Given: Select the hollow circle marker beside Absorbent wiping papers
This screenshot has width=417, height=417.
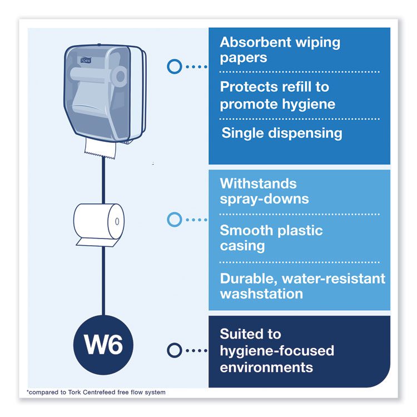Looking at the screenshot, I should point(174,67).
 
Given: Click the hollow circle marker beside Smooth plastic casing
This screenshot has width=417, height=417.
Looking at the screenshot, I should point(174,220).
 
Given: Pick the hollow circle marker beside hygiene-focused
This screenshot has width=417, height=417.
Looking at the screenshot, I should point(174,350).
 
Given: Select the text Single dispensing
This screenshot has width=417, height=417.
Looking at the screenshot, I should point(282,133).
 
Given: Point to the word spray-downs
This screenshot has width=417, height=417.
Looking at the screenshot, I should point(264,198).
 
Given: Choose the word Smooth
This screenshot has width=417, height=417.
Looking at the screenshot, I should point(246,230).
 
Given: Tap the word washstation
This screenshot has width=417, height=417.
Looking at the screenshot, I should point(261,294).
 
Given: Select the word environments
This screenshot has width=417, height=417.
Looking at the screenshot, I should point(266,367).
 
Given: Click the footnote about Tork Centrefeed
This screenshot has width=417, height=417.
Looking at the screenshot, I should point(96,393).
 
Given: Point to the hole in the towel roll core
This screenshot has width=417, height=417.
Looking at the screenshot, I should point(117,221).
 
